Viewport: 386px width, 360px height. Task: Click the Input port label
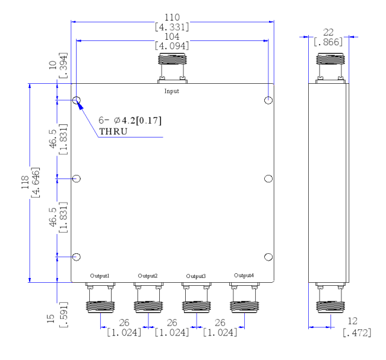point(171,91)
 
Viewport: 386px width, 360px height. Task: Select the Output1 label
point(100,276)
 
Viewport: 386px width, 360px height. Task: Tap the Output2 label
point(147,276)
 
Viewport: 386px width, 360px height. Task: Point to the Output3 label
point(195,276)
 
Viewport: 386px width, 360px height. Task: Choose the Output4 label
point(244,275)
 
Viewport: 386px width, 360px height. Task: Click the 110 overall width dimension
point(172,17)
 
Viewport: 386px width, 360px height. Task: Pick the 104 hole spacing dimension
point(172,37)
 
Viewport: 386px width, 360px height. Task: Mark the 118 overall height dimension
point(25,182)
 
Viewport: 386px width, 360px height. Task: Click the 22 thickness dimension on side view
point(328,32)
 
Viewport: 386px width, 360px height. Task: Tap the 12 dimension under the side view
point(352,321)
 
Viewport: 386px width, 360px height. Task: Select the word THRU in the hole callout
point(113,131)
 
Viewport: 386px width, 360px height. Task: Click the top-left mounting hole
point(77,100)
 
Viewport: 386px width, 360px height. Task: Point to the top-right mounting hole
point(268,100)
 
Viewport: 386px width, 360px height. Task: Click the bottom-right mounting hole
point(268,257)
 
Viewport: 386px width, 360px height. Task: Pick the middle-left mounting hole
point(77,178)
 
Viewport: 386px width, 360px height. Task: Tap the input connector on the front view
point(172,68)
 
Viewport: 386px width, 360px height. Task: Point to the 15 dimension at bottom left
point(51,318)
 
